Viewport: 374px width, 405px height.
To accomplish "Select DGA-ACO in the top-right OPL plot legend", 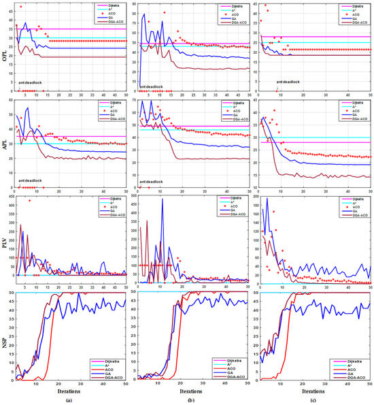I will (x=356, y=22).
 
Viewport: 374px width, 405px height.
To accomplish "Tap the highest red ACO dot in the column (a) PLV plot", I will (x=29, y=201).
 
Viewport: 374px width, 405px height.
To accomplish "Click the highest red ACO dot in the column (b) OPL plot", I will (x=164, y=12).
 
